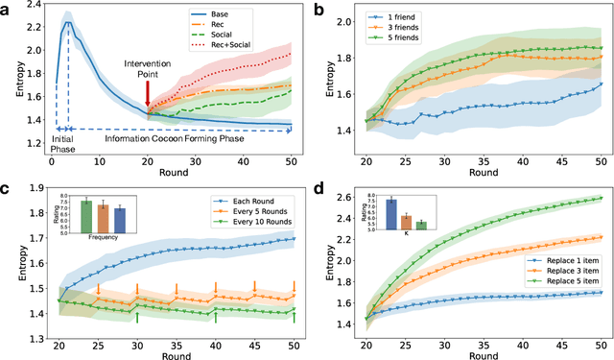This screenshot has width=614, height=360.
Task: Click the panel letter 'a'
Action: pyautogui.click(x=7, y=8)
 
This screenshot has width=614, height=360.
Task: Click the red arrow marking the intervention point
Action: pyautogui.click(x=147, y=93)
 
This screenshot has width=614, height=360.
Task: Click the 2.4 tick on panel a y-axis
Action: pyautogui.click(x=37, y=10)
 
